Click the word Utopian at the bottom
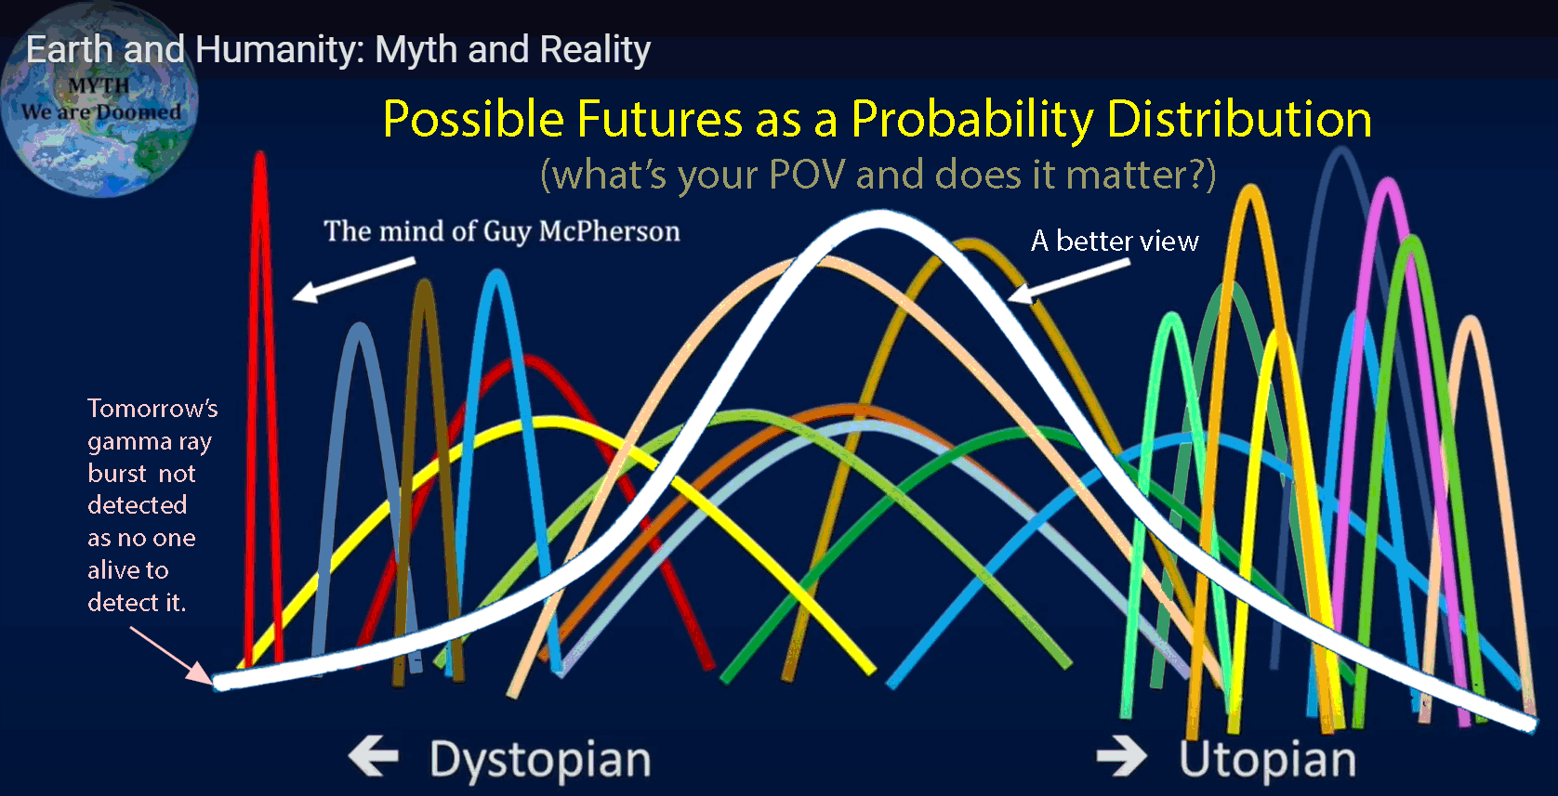click(1267, 759)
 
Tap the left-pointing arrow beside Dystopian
click(374, 756)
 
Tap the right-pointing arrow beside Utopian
click(1122, 756)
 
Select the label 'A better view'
click(1115, 241)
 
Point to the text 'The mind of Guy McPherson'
click(501, 230)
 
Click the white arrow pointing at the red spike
click(354, 281)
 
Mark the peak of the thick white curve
click(879, 220)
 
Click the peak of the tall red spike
click(259, 154)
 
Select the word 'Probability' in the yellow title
click(972, 120)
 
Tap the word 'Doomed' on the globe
click(139, 112)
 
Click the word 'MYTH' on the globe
click(99, 85)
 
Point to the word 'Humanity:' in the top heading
click(280, 50)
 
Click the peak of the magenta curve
click(1388, 182)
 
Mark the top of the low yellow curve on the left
click(549, 421)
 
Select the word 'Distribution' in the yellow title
click(1239, 119)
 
